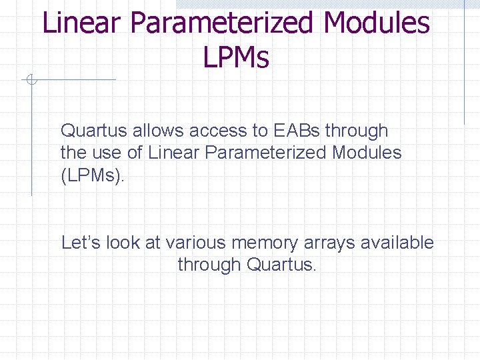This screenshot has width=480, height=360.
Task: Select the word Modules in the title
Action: click(x=377, y=23)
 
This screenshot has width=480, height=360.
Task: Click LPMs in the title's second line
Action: click(x=236, y=58)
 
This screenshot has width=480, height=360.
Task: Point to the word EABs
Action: click(x=297, y=131)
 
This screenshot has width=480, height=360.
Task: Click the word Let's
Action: click(x=79, y=243)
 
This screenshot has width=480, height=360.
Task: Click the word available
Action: click(x=397, y=243)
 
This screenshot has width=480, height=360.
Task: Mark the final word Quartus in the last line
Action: click(x=281, y=265)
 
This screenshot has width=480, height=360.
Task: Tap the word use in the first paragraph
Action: click(x=108, y=153)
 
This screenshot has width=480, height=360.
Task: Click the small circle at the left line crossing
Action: click(x=31, y=81)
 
